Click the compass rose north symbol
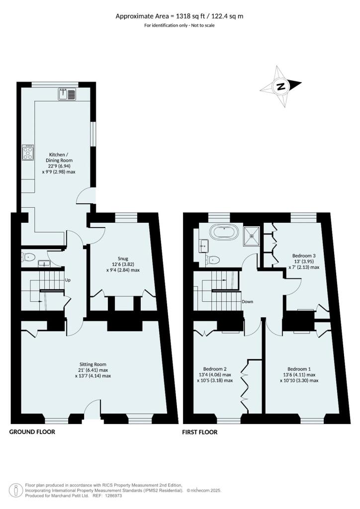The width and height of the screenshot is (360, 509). point(280,86)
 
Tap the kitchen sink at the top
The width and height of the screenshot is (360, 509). point(67,94)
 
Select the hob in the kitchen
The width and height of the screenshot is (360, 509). point(27,152)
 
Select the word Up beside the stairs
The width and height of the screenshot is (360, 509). point(68,280)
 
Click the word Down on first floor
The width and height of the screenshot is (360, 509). point(248,302)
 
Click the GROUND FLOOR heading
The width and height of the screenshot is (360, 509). point(32,432)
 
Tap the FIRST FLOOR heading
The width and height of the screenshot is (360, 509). point(200,432)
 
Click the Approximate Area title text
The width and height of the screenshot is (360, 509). point(180,16)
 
